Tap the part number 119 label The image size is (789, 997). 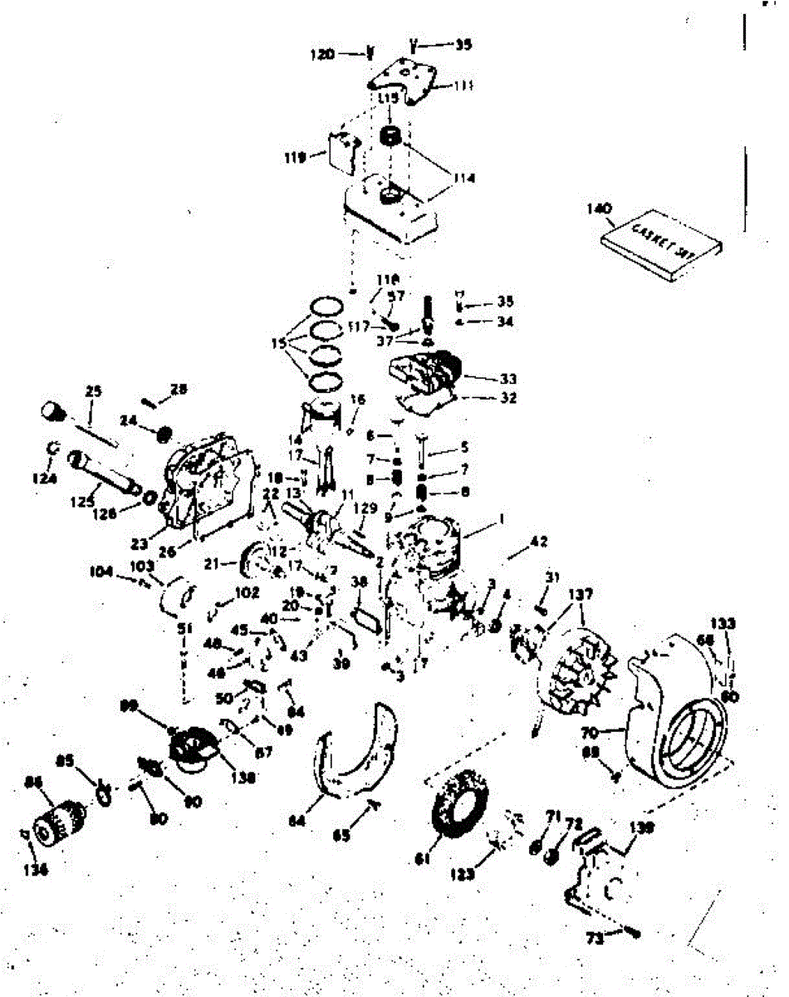click(x=295, y=156)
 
